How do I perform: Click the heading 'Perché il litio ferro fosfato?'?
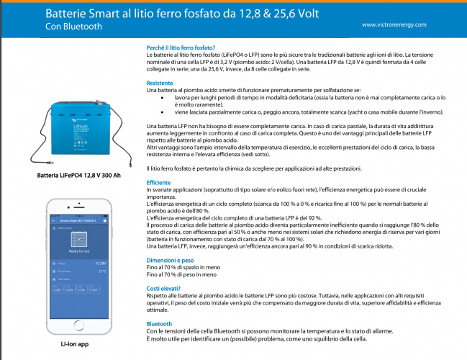click(x=176, y=48)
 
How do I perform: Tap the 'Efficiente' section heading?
click(x=159, y=183)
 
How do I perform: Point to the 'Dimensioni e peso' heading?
click(x=169, y=259)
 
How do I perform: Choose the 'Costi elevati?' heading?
click(x=163, y=288)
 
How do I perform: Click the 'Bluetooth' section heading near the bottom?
click(x=160, y=324)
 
